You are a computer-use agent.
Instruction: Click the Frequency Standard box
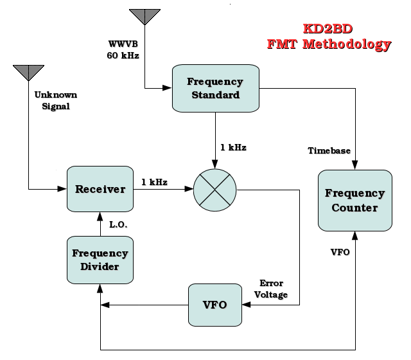[x=214, y=89]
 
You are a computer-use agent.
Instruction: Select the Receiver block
[x=100, y=189]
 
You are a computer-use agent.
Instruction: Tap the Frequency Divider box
[x=100, y=260]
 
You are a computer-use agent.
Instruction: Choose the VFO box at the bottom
[x=215, y=305]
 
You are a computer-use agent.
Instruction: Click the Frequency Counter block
[x=354, y=200]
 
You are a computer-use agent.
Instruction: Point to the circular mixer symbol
[x=215, y=190]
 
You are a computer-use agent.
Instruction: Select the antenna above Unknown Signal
[x=29, y=72]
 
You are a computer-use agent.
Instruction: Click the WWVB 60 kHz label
[x=123, y=50]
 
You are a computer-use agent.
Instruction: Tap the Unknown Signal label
[x=55, y=100]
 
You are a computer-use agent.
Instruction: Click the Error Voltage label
[x=271, y=289]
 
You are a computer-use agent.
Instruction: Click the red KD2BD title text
[x=329, y=30]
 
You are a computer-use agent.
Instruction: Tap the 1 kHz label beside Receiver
[x=154, y=182]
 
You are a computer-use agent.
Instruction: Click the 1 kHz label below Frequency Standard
[x=233, y=148]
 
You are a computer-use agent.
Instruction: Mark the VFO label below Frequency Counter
[x=340, y=252]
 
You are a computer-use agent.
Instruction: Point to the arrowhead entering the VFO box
[x=247, y=305]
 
